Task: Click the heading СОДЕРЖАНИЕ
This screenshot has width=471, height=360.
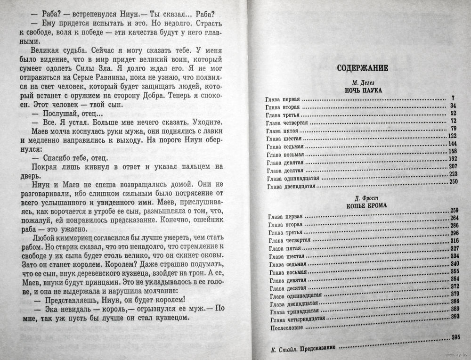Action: (363, 68)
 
